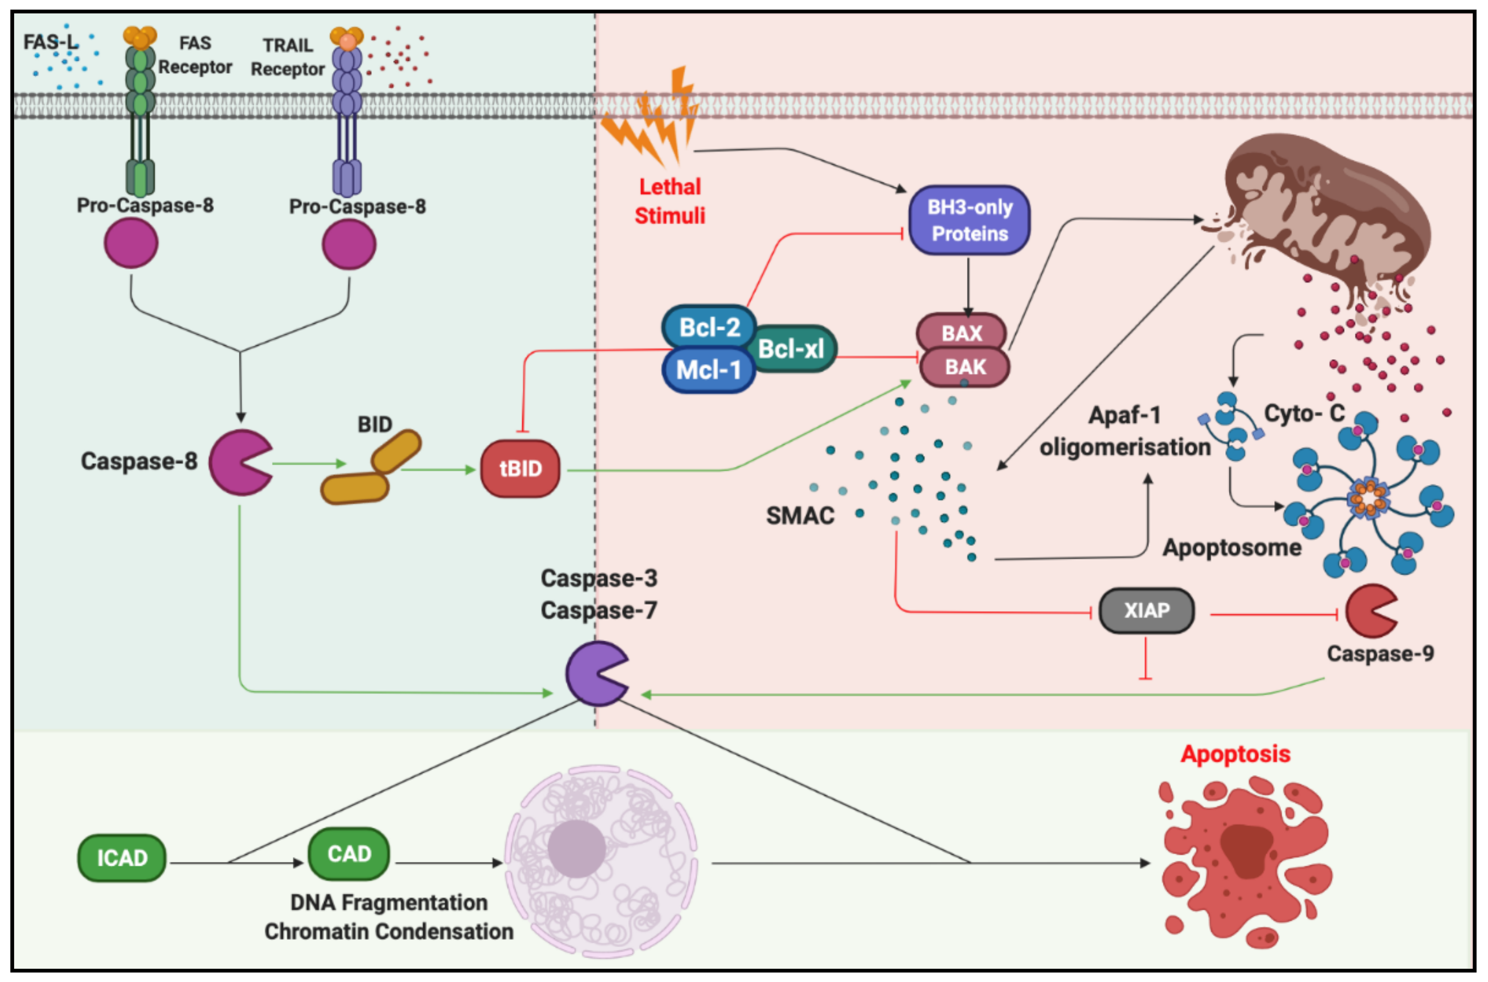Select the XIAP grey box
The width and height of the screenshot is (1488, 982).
click(x=1146, y=610)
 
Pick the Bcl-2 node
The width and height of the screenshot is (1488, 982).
click(x=709, y=327)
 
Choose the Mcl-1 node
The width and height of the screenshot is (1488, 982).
click(x=708, y=370)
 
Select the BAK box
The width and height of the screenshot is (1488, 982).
click(x=965, y=367)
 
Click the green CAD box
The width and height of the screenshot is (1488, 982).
click(x=349, y=854)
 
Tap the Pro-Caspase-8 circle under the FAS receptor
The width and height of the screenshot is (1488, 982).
click(x=131, y=244)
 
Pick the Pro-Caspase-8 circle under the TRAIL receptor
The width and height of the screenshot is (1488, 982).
click(x=349, y=245)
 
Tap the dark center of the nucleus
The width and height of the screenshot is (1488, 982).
click(x=576, y=848)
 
